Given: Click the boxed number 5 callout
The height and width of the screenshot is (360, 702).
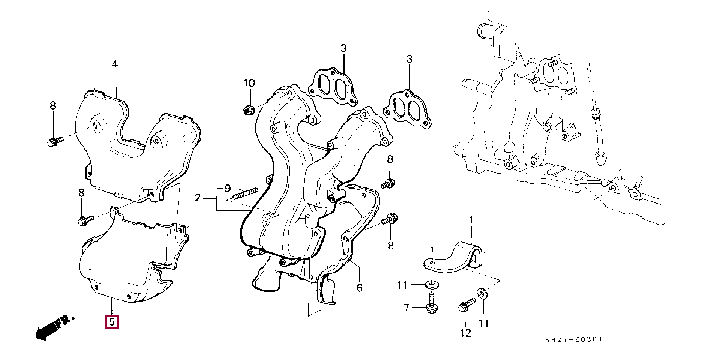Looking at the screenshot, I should (x=112, y=322).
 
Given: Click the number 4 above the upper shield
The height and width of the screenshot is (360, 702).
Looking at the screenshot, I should (x=115, y=64).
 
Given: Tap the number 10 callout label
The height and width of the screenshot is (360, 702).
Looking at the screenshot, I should (x=249, y=83).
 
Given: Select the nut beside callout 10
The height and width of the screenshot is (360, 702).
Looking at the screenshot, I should (x=248, y=110).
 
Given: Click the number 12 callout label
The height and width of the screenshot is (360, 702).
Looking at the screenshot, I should (x=465, y=333).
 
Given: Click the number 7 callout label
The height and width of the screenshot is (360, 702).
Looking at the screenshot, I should (x=406, y=308).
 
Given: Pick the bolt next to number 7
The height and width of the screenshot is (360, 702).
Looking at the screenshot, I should (x=432, y=303).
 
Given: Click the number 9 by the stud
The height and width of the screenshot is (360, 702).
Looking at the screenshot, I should (x=228, y=188).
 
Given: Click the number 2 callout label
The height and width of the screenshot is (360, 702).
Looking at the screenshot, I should (x=198, y=198).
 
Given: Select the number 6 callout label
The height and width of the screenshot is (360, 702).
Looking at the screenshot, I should (x=360, y=288).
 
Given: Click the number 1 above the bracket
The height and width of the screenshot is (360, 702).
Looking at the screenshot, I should (x=471, y=221).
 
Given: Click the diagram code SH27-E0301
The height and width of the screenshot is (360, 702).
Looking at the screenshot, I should (x=574, y=339).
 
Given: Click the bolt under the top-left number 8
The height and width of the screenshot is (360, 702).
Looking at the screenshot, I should (x=55, y=142).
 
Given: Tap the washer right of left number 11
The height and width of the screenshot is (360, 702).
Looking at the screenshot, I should (x=432, y=285).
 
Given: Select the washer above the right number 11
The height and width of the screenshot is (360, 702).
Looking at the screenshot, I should (x=482, y=293).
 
